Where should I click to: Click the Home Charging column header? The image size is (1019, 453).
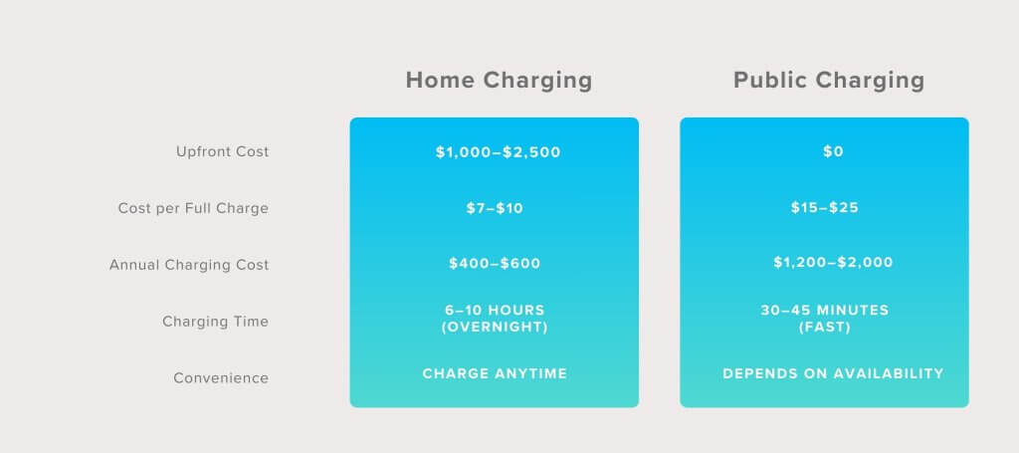coord(500,81)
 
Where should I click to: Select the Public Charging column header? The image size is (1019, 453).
coord(829,81)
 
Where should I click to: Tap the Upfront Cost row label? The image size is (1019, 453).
coord(222,151)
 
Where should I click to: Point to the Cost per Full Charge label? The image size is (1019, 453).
coord(193,208)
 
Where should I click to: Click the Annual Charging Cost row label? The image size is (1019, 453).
coord(189,265)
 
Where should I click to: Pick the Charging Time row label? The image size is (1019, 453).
coord(215,321)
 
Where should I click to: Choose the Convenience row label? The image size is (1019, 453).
coord(221,377)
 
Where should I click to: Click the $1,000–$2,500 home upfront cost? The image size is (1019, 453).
coord(498,152)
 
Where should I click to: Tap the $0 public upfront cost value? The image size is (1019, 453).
coord(833,151)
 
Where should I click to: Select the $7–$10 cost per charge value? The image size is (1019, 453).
coord(495,208)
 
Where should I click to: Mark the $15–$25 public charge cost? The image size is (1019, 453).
coord(825,207)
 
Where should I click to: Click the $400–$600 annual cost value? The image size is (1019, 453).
coord(495,263)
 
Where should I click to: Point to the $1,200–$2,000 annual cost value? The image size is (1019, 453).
coord(833,262)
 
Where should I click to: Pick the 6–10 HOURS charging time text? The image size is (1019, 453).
coord(496,310)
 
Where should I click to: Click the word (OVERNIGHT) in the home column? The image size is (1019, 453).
coord(495,327)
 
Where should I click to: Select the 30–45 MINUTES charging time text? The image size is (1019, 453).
coord(825,310)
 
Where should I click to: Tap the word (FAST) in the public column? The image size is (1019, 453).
coord(825,327)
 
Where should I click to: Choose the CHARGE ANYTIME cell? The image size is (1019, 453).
coord(495,373)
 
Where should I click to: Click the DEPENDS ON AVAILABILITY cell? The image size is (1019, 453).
coord(833,373)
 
